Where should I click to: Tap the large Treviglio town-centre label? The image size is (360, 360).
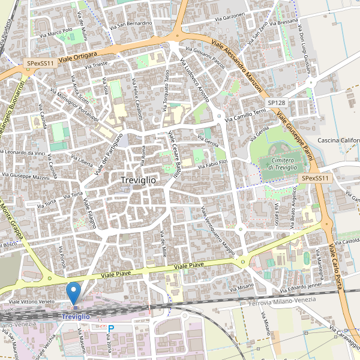138,180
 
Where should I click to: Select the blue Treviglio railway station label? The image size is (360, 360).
76,316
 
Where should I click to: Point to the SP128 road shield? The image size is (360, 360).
277,103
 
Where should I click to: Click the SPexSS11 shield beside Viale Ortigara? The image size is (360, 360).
40,62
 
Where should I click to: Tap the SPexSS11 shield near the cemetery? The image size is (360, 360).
316,178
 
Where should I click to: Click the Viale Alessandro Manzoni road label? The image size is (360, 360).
238,66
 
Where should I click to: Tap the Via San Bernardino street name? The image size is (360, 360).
131,24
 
